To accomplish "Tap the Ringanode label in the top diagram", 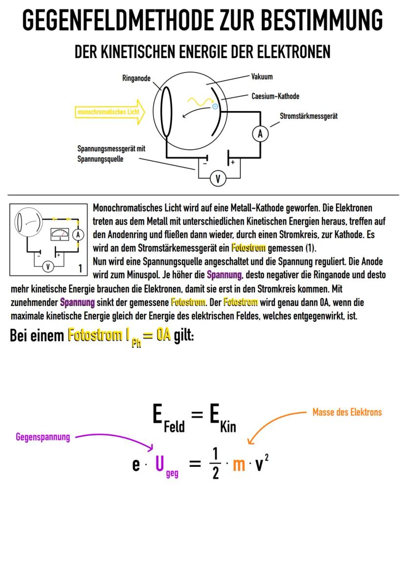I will [136, 77].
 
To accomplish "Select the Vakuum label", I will [262, 77].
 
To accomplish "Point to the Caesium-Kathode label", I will [275, 96].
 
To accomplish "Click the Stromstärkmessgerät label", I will [308, 116].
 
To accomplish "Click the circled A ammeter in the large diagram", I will [260, 134].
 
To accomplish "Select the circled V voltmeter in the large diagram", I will [218, 179].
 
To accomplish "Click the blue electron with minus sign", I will [215, 105].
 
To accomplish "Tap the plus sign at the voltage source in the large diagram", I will [233, 161].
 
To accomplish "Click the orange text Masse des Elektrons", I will [347, 412].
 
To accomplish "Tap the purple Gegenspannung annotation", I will [42, 437].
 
